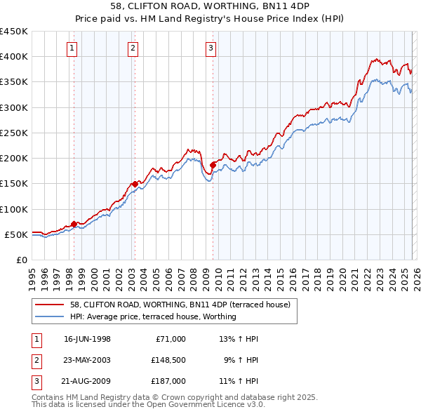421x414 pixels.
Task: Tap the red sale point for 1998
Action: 74,224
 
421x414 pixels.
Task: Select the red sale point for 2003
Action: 135,185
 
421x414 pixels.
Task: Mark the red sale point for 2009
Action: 213,165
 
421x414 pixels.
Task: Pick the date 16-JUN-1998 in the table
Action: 87,339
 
